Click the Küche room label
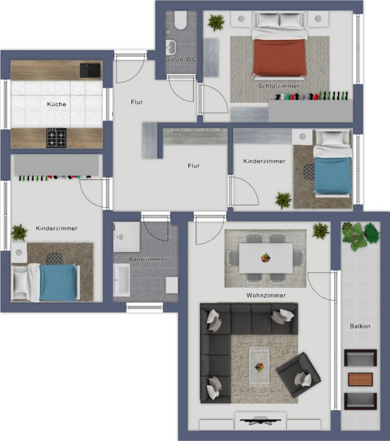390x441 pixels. pyautogui.click(x=56, y=104)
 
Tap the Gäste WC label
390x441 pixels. pyautogui.click(x=181, y=59)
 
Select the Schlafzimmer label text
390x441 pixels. pyautogui.click(x=279, y=86)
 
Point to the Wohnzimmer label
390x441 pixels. pyautogui.click(x=266, y=295)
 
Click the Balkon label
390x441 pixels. pyautogui.click(x=360, y=326)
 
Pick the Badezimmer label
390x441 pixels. pyautogui.click(x=147, y=259)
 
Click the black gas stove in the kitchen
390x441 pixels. pyautogui.click(x=56, y=138)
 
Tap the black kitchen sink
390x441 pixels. pyautogui.click(x=90, y=70)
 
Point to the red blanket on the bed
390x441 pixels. pyautogui.click(x=279, y=57)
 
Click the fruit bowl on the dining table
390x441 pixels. pyautogui.click(x=266, y=258)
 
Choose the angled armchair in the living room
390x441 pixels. pyautogui.click(x=298, y=375)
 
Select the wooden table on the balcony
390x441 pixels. pyautogui.click(x=360, y=379)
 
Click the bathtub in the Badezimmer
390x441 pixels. pyautogui.click(x=121, y=280)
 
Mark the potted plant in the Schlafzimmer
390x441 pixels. pyautogui.click(x=216, y=22)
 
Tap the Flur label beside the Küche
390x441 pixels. pyautogui.click(x=137, y=102)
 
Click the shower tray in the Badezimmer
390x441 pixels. pyautogui.click(x=126, y=237)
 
